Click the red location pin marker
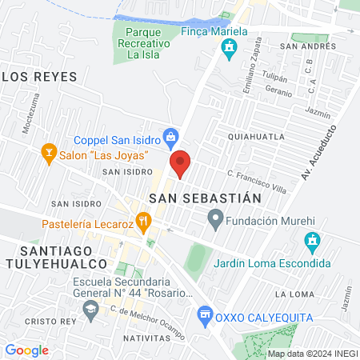click(x=181, y=163)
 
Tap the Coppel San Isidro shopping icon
click(x=170, y=137)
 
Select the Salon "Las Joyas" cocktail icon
click(x=48, y=153)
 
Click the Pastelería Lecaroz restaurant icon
click(x=144, y=219)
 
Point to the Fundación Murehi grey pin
click(x=214, y=217)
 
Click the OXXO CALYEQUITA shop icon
click(x=206, y=314)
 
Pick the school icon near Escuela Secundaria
click(x=91, y=308)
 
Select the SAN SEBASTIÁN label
click(x=206, y=197)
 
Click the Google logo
click(x=26, y=350)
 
